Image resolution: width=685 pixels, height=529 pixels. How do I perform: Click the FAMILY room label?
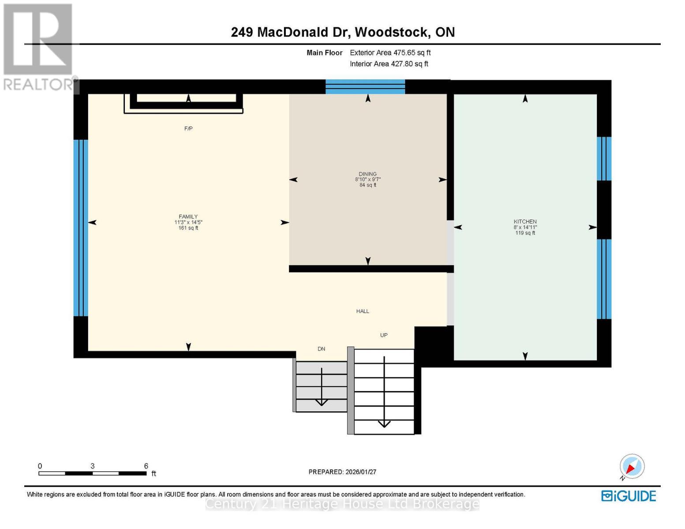click(188, 216)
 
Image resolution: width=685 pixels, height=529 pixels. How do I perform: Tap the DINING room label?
click(367, 174)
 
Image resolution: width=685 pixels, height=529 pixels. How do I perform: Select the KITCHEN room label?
click(525, 222)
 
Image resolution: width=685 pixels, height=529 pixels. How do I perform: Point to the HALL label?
click(363, 311)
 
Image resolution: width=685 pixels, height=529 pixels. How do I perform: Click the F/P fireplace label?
click(188, 129)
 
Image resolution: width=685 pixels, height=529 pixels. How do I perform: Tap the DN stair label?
click(321, 349)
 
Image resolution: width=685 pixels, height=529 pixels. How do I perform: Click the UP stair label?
click(384, 335)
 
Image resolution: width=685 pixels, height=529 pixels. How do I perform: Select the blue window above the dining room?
click(365, 87)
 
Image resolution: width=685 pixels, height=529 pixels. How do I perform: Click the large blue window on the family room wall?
click(81, 228)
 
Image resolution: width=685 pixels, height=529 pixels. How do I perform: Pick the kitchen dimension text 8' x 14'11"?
click(525, 227)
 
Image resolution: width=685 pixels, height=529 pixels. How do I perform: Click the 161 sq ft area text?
click(188, 228)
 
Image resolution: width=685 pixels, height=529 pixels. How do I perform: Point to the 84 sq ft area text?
click(367, 185)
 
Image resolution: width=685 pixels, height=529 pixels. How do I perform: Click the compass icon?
click(632, 466)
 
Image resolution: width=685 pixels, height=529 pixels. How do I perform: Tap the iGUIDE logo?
click(629, 496)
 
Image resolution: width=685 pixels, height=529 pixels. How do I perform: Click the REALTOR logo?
click(39, 46)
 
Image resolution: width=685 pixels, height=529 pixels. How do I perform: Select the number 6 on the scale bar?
click(146, 466)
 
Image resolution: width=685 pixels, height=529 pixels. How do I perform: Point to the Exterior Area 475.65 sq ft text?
click(390, 52)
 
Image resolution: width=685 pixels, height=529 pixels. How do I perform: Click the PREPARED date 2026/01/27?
click(342, 472)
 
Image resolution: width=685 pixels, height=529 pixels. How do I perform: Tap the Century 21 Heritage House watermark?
click(342, 504)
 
